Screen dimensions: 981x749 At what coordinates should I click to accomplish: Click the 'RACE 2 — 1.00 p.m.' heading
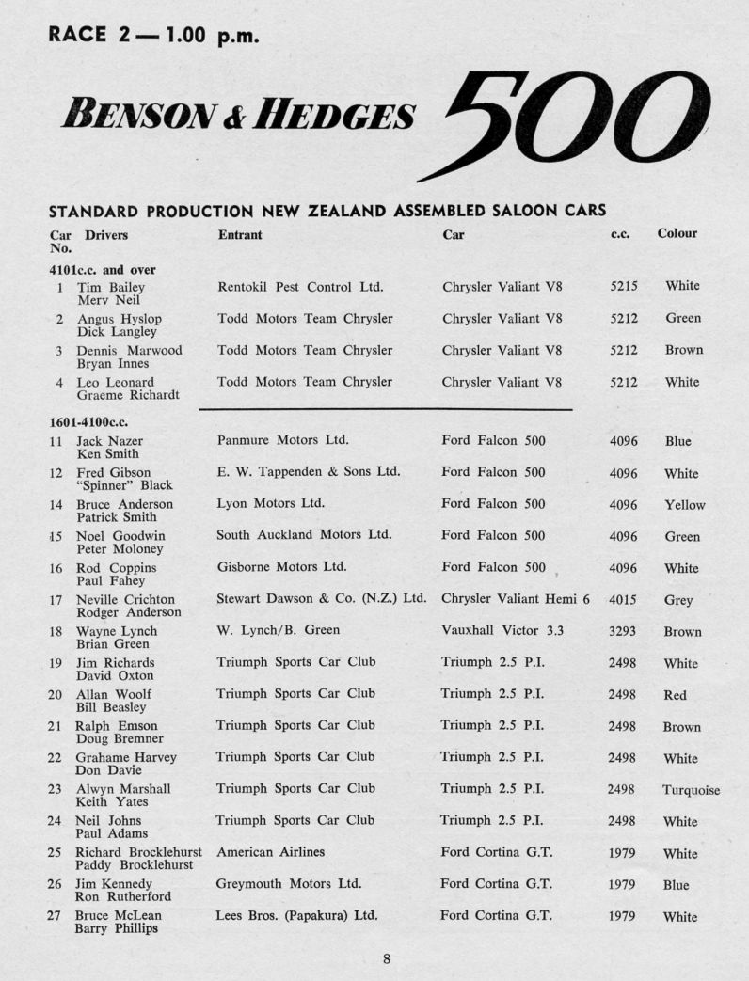153,37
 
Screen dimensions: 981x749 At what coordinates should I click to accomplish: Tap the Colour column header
677,233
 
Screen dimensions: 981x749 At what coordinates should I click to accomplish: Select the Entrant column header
240,234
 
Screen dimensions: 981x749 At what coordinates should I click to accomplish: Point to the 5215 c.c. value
623,287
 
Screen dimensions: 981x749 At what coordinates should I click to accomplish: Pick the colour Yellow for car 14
684,505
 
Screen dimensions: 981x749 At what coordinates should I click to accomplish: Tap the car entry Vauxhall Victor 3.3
502,630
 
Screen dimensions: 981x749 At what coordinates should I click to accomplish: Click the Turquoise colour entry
691,790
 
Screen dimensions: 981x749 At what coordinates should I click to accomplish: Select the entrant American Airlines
270,852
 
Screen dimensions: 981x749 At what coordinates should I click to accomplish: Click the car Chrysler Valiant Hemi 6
515,598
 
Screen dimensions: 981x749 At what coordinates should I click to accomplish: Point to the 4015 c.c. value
623,600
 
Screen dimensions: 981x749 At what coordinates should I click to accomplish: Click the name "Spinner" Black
124,485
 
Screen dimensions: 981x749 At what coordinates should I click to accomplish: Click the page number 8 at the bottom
387,958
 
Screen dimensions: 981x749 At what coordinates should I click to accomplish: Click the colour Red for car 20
675,696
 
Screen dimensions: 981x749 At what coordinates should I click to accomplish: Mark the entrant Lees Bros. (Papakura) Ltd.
297,915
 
